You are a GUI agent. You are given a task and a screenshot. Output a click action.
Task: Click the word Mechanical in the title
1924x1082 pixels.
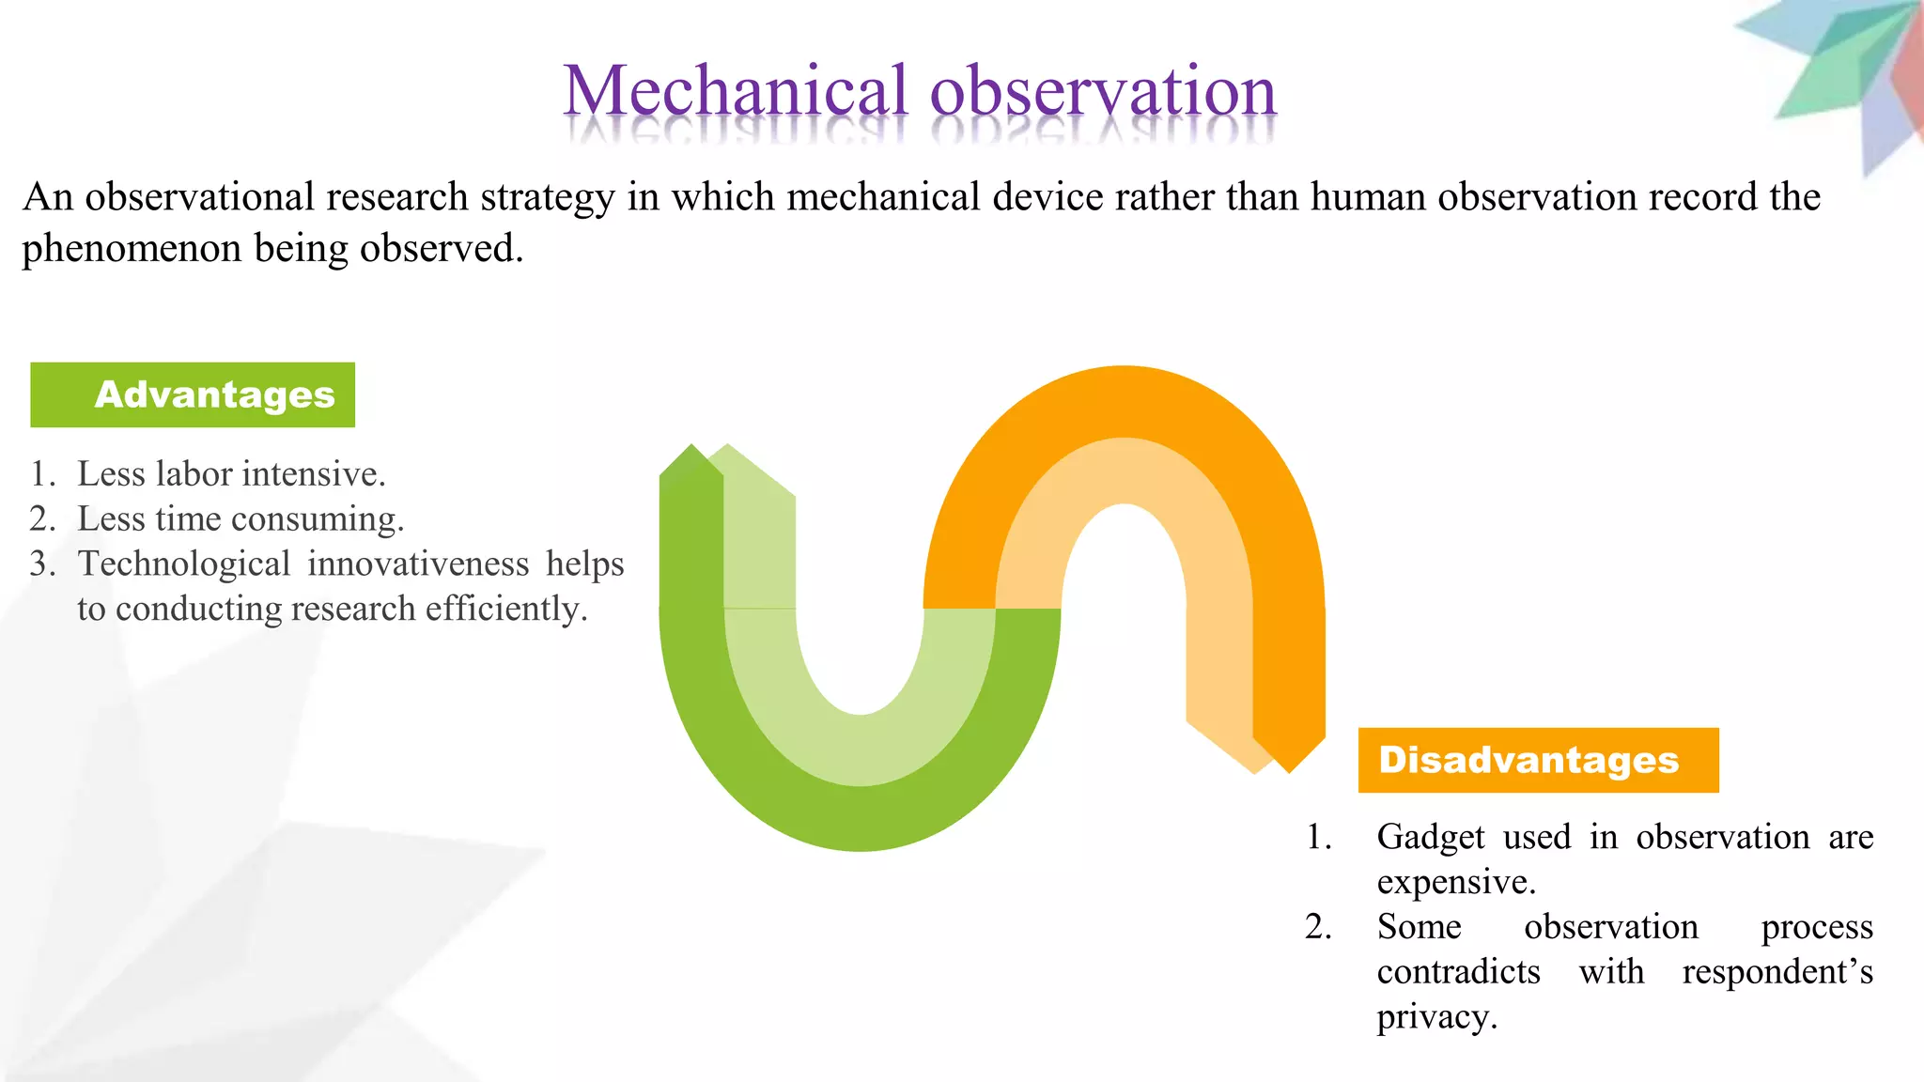click(736, 92)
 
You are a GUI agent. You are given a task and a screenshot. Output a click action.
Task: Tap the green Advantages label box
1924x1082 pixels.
click(193, 394)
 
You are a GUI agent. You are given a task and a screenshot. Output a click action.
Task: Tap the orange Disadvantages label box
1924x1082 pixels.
click(1538, 760)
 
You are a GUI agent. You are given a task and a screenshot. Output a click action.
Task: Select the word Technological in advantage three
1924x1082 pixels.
click(184, 564)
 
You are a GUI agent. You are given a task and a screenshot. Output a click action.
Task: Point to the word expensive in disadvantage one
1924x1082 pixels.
click(1455, 882)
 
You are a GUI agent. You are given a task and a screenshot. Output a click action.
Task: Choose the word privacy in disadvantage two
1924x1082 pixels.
click(1435, 1017)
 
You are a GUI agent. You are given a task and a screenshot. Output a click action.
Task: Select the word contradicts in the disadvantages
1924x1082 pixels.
click(1458, 972)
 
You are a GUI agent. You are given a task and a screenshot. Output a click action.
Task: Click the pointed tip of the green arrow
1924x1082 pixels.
click(692, 447)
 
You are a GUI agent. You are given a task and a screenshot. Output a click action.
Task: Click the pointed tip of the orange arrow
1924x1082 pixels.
click(1290, 770)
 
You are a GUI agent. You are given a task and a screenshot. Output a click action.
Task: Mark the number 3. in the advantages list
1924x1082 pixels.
click(42, 564)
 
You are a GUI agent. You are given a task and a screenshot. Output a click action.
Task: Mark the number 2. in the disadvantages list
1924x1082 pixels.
click(1318, 927)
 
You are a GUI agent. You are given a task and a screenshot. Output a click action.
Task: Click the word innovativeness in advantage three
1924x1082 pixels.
click(418, 564)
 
